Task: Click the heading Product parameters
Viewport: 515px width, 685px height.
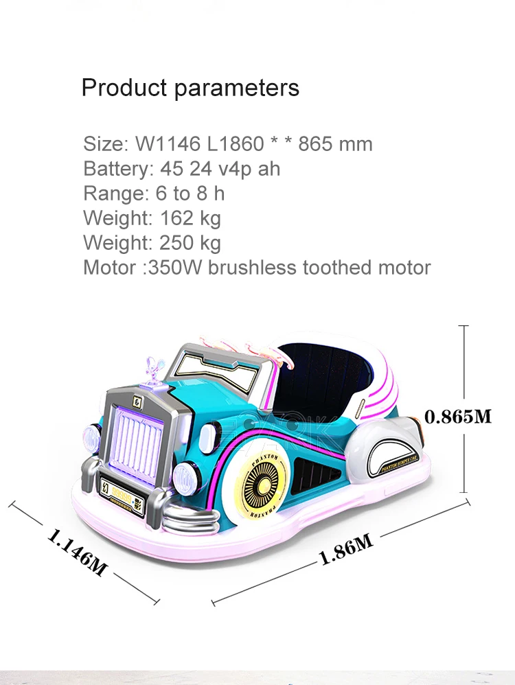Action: click(x=190, y=88)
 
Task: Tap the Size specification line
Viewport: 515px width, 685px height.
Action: click(x=227, y=144)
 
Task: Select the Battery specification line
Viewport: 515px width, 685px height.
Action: click(x=181, y=169)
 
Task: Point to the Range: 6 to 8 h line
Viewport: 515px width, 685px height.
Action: click(x=154, y=194)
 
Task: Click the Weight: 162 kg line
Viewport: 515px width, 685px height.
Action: click(x=152, y=218)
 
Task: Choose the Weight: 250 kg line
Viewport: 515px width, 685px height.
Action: click(x=152, y=243)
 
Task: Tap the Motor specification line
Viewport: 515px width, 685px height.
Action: click(x=256, y=268)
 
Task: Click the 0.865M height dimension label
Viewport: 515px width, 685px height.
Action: click(x=458, y=416)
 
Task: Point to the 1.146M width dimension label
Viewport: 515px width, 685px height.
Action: click(x=78, y=551)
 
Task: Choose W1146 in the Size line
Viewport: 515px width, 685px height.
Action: click(x=168, y=144)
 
